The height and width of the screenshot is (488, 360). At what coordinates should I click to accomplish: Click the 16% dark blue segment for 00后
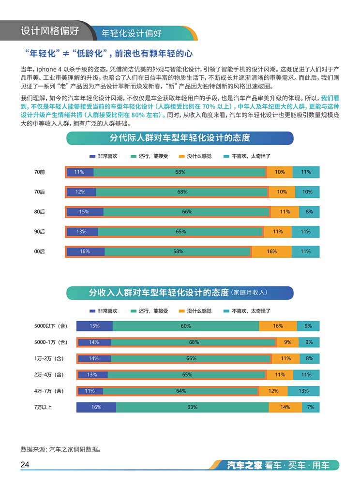tap(85, 251)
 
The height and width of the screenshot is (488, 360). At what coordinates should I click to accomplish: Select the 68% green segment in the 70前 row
tap(180, 172)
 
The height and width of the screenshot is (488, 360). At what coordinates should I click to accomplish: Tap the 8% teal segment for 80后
tap(309, 212)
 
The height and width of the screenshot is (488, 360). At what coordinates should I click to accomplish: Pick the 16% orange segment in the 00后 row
tap(271, 251)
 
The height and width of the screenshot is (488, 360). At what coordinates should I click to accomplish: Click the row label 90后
tap(40, 232)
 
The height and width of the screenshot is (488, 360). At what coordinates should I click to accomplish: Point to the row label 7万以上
tap(43, 407)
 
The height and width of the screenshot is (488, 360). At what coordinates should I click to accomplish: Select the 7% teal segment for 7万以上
tap(311, 407)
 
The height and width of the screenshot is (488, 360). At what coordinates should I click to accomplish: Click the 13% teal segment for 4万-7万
tap(303, 391)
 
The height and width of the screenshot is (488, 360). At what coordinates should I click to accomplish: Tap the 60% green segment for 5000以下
tap(186, 326)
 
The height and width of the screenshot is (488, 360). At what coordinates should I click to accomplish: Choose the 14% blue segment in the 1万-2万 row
tap(94, 358)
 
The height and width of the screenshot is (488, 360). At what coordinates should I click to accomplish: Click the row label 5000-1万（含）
tap(50, 342)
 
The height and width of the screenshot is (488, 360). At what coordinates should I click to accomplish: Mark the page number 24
tap(25, 465)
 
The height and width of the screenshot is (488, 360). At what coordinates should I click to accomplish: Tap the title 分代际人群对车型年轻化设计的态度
tap(180, 138)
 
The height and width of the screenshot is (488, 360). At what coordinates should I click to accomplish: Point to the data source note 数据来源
tap(60, 449)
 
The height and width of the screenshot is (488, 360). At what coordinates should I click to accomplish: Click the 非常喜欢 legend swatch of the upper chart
tap(92, 156)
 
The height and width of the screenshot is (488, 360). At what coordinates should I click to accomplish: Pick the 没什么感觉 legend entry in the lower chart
tap(195, 311)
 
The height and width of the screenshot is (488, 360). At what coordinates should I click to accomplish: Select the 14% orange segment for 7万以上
tap(285, 407)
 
